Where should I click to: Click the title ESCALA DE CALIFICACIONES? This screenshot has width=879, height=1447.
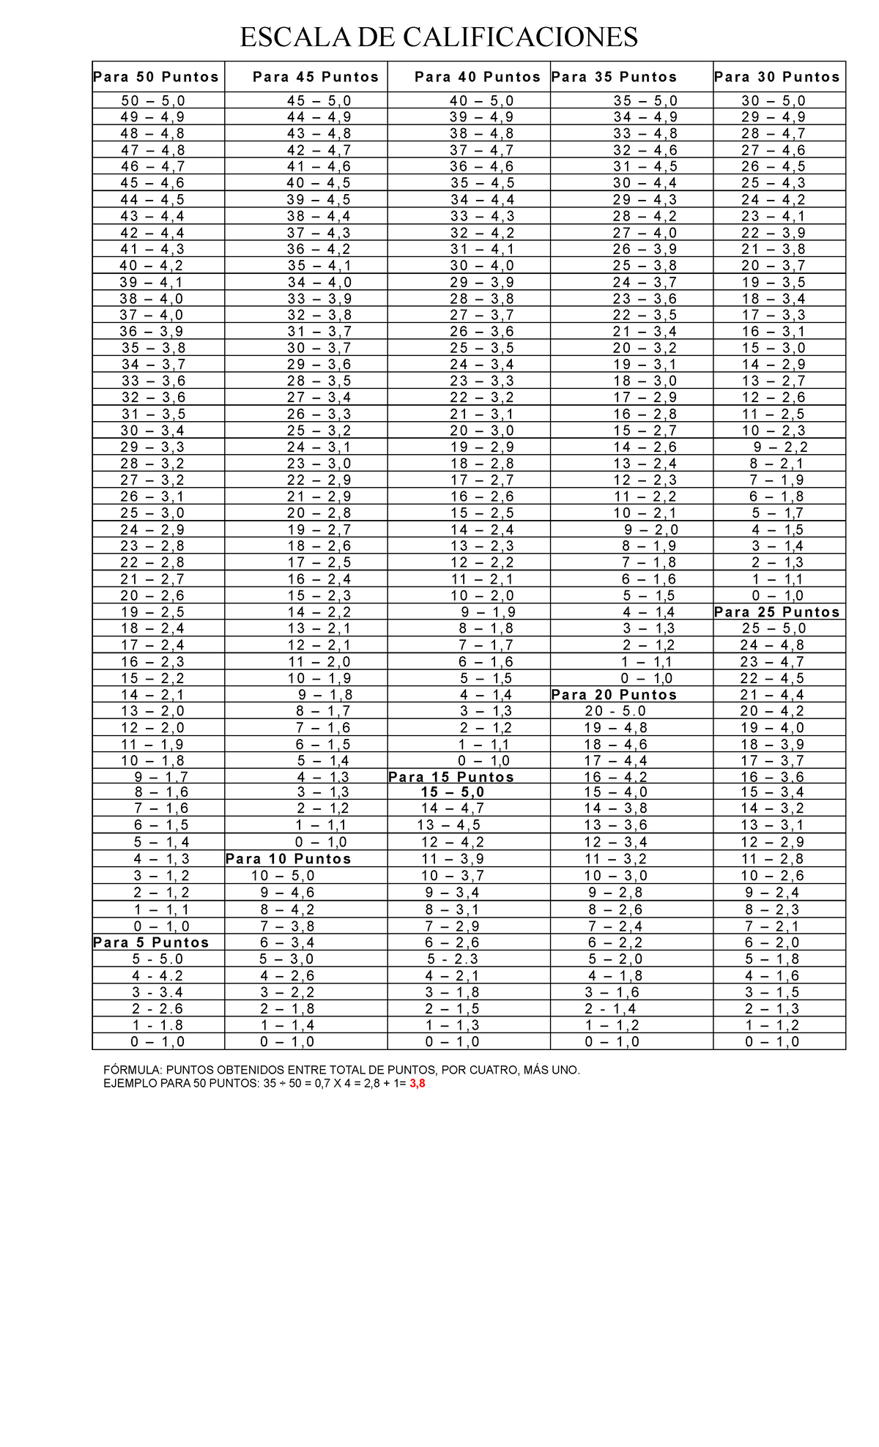[x=439, y=37]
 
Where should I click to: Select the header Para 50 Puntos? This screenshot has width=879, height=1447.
[x=156, y=77]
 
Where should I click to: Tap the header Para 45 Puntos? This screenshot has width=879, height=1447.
[x=316, y=77]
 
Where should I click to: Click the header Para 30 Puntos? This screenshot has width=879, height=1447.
[x=777, y=77]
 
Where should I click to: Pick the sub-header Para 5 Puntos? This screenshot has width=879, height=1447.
[x=152, y=942]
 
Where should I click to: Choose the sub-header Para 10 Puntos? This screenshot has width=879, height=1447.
[x=289, y=859]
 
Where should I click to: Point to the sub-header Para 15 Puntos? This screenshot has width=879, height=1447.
[x=451, y=777]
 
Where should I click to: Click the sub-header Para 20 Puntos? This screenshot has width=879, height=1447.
[x=614, y=694]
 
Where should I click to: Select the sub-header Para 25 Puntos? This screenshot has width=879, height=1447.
[x=777, y=612]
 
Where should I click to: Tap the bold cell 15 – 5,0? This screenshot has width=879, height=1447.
[x=453, y=792]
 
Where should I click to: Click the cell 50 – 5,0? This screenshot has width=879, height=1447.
[x=153, y=101]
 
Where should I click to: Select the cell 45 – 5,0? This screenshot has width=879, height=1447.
[x=319, y=101]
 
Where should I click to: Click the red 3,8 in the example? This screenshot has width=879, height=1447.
[x=417, y=1083]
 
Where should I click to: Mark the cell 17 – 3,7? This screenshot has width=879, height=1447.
[x=772, y=761]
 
